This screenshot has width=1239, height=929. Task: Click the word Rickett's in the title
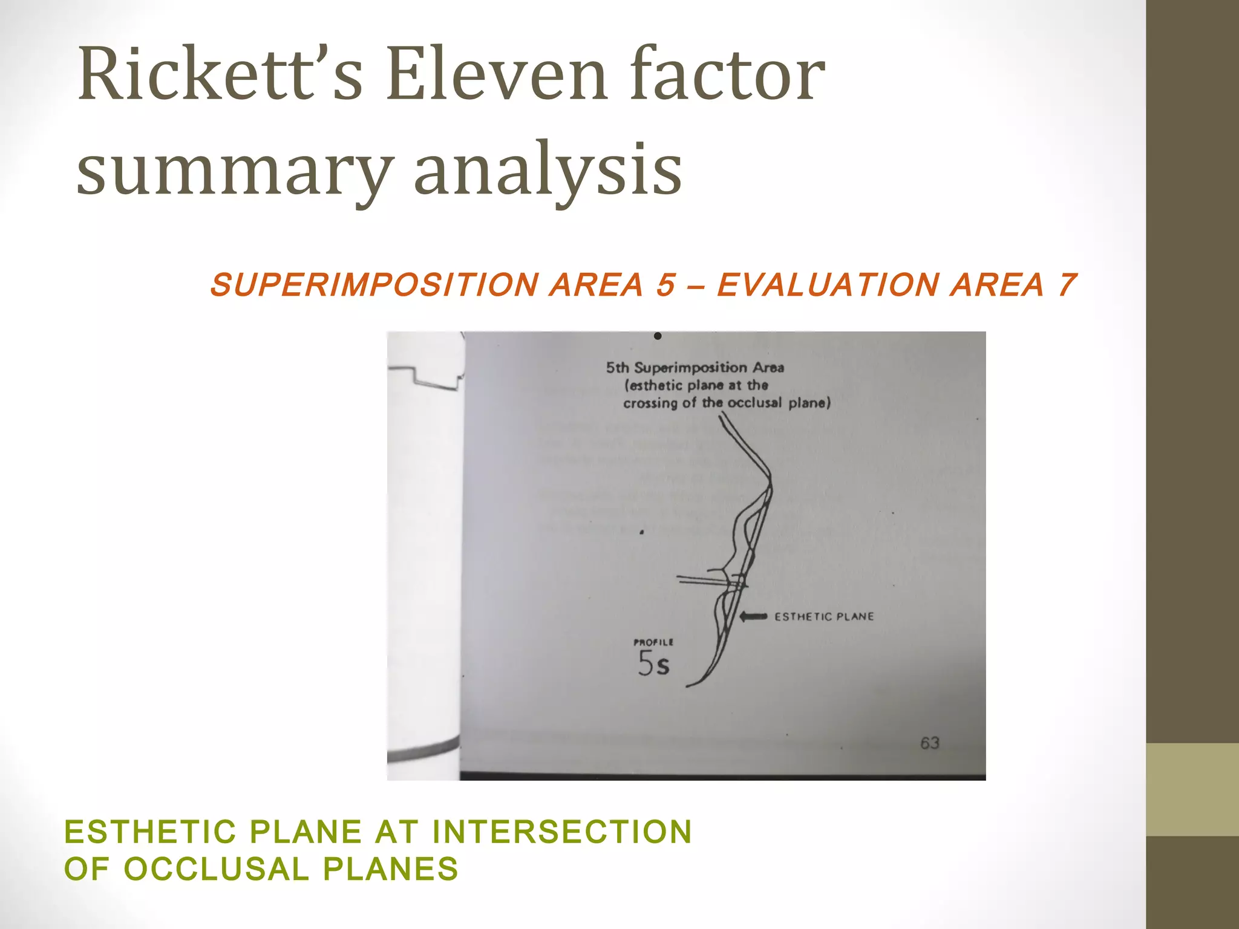220,76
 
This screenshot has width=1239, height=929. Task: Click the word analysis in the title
548,169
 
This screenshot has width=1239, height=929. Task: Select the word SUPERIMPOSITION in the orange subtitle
374,285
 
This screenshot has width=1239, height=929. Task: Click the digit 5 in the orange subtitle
665,285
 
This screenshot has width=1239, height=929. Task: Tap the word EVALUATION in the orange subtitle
827,285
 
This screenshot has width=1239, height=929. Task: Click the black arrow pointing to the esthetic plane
754,616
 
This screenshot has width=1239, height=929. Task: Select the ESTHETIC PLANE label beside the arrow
824,617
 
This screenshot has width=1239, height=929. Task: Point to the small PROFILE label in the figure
653,642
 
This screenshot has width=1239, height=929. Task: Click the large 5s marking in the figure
654,664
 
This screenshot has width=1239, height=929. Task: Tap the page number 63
930,743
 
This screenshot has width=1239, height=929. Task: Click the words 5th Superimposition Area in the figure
695,368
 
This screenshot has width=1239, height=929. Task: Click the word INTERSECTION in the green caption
562,832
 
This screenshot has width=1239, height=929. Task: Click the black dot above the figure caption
658,336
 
